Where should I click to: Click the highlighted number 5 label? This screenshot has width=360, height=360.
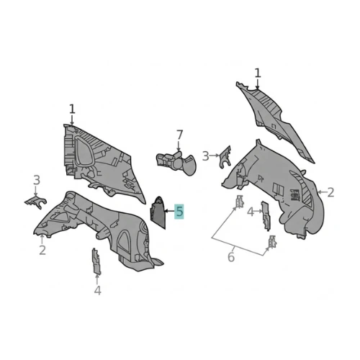[179, 212]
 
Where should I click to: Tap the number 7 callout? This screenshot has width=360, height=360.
[179, 135]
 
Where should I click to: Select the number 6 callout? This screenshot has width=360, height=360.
[231, 257]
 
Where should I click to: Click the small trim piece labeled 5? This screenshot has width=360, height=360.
[158, 212]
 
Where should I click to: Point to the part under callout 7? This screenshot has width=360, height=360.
[176, 163]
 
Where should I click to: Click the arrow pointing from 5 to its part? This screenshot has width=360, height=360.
[170, 211]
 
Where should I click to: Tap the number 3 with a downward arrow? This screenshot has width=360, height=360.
[37, 180]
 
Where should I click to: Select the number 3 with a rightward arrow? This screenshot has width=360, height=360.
[205, 156]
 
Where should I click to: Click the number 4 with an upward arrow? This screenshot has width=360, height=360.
[97, 290]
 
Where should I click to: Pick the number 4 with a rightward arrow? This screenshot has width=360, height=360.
[251, 212]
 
